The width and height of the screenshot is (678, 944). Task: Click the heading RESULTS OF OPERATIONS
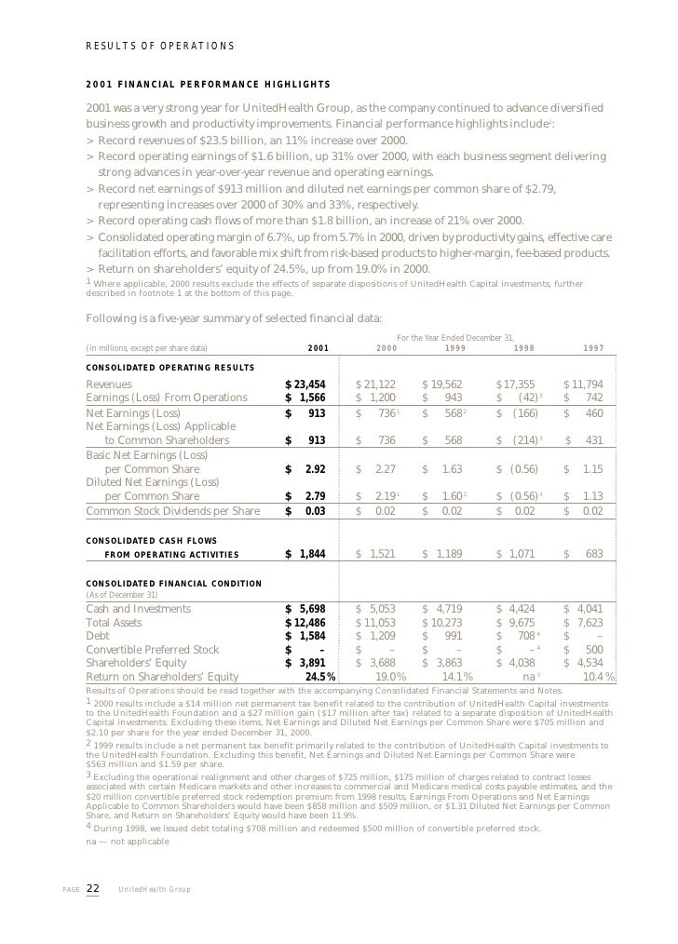point(160,47)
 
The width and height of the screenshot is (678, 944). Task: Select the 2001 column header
point(318,348)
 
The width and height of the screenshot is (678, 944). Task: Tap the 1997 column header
point(593,348)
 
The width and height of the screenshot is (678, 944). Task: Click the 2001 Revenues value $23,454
point(305,384)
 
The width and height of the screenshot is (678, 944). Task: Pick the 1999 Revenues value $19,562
point(442,384)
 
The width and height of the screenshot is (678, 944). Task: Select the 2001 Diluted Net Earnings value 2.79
point(310,496)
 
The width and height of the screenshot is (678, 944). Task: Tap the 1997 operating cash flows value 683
point(592,554)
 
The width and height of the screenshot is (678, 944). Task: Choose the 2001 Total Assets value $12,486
point(305,623)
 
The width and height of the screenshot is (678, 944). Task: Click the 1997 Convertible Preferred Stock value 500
point(592,650)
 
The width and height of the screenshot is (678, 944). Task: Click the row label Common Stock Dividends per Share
point(173,510)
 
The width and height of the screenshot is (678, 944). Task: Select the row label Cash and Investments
point(139,609)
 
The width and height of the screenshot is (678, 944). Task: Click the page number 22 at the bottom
point(93,888)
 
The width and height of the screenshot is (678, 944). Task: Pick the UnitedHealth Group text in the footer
point(155,889)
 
